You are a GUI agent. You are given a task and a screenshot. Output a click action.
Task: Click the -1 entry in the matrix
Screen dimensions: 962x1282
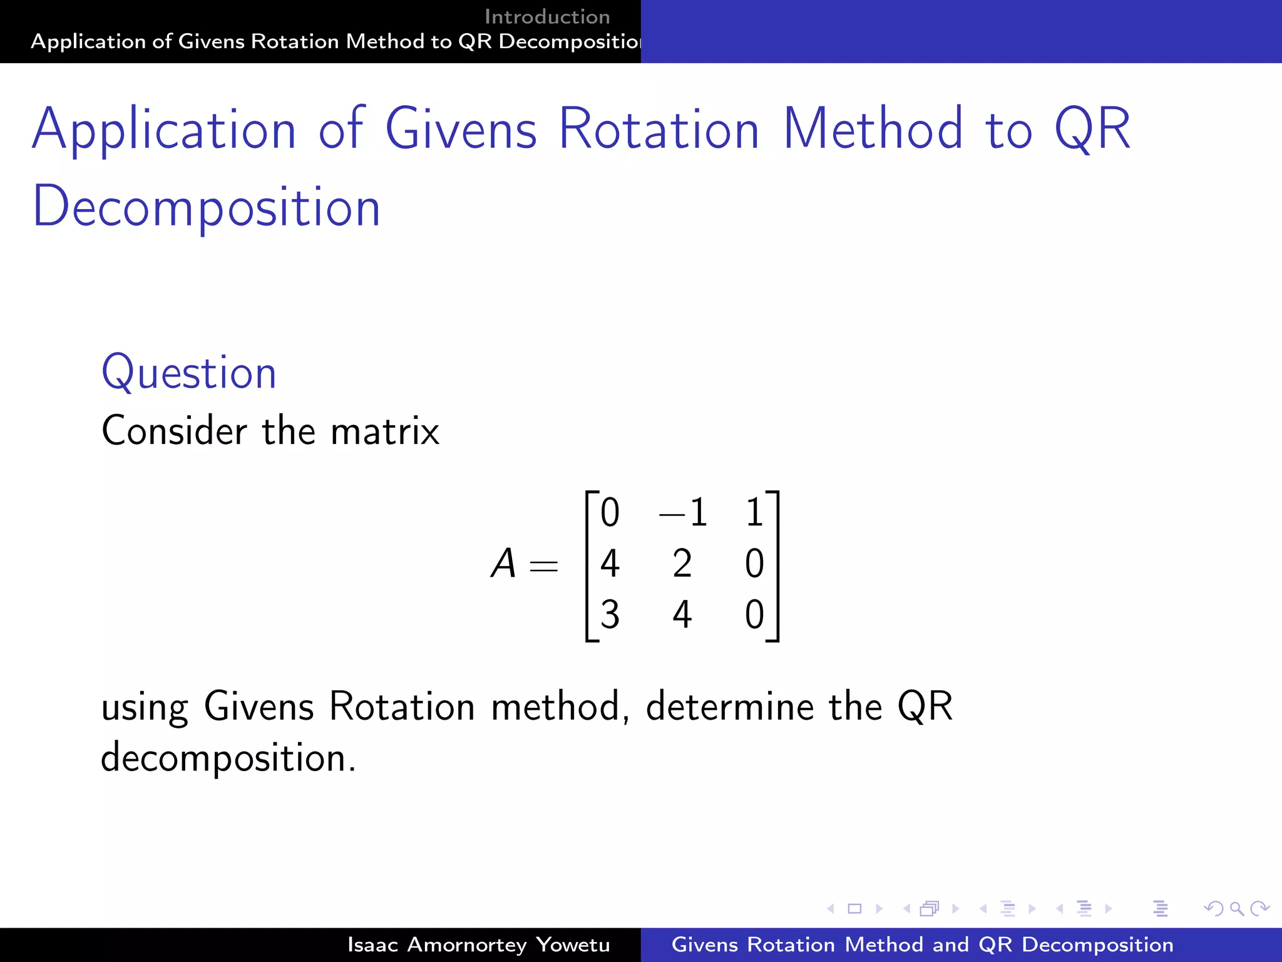pyautogui.click(x=684, y=512)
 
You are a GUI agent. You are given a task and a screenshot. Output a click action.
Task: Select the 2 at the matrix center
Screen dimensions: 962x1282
pyautogui.click(x=682, y=563)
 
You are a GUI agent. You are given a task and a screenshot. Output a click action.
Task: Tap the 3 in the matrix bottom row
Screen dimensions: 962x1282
pyautogui.click(x=610, y=614)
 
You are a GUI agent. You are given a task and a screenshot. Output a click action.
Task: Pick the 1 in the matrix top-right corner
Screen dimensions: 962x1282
pyautogui.click(x=754, y=512)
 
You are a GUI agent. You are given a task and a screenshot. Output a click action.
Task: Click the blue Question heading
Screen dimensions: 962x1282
pyautogui.click(x=188, y=373)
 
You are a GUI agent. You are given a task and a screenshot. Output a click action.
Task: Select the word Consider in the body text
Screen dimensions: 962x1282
pyautogui.click(x=175, y=431)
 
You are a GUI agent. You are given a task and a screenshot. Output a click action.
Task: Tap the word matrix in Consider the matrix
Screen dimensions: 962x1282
pyautogui.click(x=385, y=431)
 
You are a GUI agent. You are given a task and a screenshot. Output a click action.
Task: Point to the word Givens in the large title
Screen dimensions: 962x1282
pyautogui.click(x=461, y=129)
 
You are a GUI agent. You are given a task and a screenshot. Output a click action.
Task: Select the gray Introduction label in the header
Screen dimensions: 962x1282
pyautogui.click(x=547, y=17)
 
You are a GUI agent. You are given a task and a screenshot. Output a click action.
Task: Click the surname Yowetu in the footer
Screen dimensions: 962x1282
pyautogui.click(x=573, y=944)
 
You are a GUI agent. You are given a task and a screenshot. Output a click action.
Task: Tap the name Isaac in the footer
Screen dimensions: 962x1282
pyautogui.click(x=372, y=944)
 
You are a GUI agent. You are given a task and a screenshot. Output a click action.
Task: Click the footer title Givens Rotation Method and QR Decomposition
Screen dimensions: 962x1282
pyautogui.click(x=922, y=944)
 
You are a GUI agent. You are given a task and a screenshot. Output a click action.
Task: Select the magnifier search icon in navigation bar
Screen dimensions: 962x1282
pyautogui.click(x=1236, y=908)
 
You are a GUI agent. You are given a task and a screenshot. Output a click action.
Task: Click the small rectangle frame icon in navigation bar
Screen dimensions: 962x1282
pyautogui.click(x=854, y=908)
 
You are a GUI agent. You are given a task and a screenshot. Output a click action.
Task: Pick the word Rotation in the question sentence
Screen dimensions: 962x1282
pyautogui.click(x=402, y=706)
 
